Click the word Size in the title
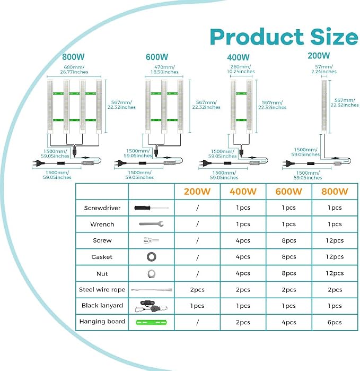(334, 37)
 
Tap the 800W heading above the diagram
(73, 57)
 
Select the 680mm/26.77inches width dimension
(74, 70)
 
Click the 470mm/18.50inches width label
(164, 70)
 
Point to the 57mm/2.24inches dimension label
(324, 69)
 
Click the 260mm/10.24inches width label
(241, 69)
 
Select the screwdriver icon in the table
(151, 208)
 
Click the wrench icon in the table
(151, 224)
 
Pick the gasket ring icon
(151, 257)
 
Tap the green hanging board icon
(151, 322)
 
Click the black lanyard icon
(151, 306)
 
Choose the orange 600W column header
(288, 192)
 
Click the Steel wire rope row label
(102, 290)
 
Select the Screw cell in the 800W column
(335, 240)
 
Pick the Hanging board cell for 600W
(288, 322)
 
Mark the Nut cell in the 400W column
(243, 273)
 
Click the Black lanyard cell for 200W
(197, 306)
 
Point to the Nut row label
(102, 274)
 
